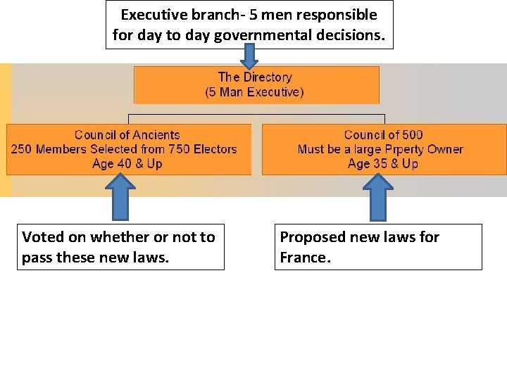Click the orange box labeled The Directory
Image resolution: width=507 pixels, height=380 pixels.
click(256, 84)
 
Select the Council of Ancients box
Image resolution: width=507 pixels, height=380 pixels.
click(129, 149)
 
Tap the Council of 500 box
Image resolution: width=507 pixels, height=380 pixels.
click(384, 149)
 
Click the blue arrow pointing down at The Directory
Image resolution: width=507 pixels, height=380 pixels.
click(250, 56)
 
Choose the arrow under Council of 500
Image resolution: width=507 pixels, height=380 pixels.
click(380, 196)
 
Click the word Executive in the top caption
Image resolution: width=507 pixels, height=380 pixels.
click(154, 15)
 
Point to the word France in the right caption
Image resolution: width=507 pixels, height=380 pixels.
click(302, 258)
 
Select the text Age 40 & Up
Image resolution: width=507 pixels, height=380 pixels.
click(127, 164)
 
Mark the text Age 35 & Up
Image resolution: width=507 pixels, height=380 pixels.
click(383, 164)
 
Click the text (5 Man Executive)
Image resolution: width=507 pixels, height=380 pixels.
click(255, 92)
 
